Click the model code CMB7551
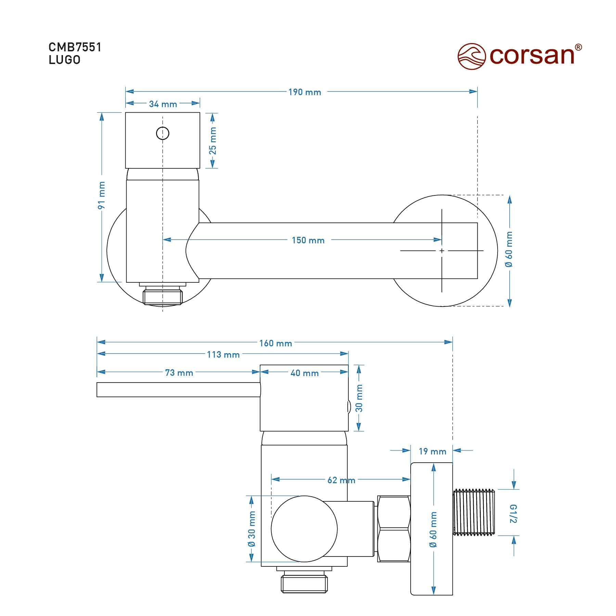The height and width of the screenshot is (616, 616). tap(75, 47)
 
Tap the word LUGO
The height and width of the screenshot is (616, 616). tap(64, 60)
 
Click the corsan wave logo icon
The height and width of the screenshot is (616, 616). tap(472, 56)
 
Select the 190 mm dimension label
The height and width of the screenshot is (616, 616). tap(305, 92)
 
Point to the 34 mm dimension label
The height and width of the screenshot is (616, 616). tap(163, 104)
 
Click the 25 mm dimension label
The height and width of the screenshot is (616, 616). tap(213, 141)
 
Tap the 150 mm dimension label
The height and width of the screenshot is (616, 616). tap(308, 240)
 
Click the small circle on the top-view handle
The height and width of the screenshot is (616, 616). tap(163, 133)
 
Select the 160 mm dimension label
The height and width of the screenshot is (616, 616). tap(275, 343)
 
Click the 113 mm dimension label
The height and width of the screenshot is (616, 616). tap(223, 355)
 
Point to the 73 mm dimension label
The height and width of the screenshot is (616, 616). tap(179, 373)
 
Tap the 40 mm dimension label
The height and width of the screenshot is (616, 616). tap(305, 373)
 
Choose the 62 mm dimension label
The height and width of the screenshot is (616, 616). tap(341, 480)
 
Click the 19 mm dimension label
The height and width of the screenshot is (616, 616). tap(433, 451)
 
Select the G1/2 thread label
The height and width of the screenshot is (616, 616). tap(513, 514)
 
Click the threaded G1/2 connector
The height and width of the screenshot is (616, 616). tap(474, 512)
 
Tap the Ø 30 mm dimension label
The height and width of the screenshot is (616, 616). tap(252, 529)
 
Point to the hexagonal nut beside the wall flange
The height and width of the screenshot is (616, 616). tap(394, 529)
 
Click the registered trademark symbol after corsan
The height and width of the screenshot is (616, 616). tap(578, 48)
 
